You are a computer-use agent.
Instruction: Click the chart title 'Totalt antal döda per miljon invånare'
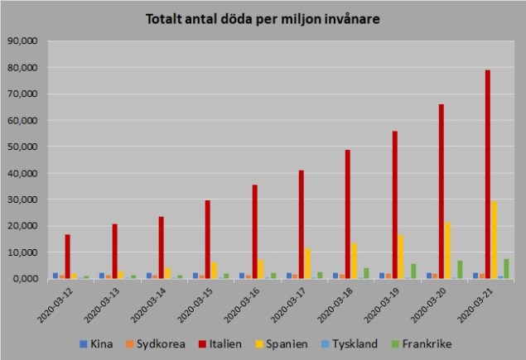coord(263,18)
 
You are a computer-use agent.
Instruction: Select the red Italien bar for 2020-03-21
coord(488,174)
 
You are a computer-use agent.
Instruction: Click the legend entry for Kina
coord(97,342)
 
